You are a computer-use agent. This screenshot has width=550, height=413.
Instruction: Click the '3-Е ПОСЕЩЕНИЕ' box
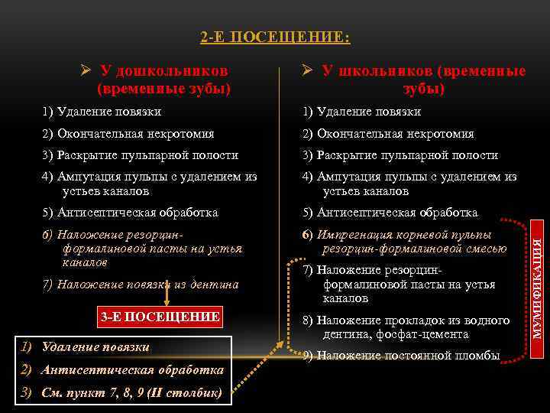click(x=160, y=317)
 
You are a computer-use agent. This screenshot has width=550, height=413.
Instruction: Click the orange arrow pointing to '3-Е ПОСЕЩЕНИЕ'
click(x=167, y=297)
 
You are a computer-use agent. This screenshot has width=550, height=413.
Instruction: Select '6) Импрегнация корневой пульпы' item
click(x=405, y=242)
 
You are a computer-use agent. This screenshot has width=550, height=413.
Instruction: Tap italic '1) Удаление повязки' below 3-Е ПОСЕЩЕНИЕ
click(x=86, y=347)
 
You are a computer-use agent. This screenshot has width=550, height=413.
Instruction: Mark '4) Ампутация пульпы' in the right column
click(x=409, y=184)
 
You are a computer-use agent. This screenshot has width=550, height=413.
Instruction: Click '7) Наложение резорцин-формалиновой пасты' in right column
click(x=405, y=285)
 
